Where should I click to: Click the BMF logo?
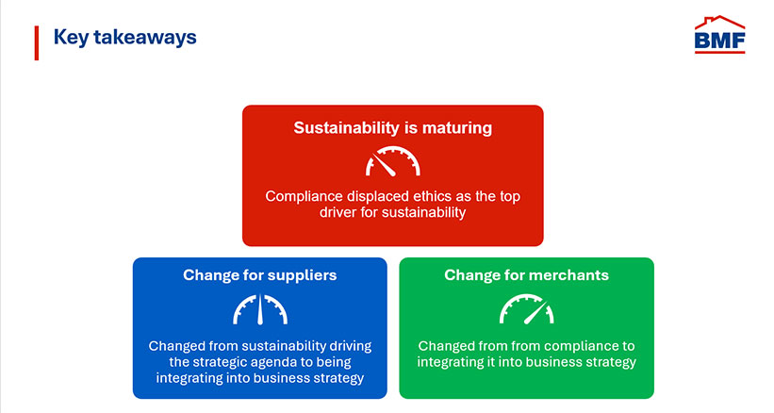point(719,37)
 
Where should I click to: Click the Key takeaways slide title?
point(125,38)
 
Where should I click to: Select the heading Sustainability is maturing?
point(392,128)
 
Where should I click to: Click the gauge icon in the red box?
point(392,162)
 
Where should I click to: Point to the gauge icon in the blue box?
point(259,309)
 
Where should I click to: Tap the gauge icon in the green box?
point(526,309)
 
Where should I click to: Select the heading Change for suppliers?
point(259,275)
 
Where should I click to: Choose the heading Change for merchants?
point(526,275)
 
